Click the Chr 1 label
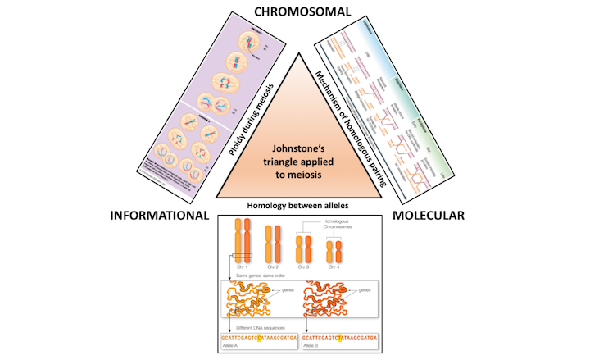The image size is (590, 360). pyautogui.click(x=238, y=267)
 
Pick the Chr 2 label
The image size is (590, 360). pyautogui.click(x=275, y=267)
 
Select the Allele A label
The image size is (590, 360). pyautogui.click(x=229, y=346)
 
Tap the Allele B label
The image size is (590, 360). pyautogui.click(x=313, y=346)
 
